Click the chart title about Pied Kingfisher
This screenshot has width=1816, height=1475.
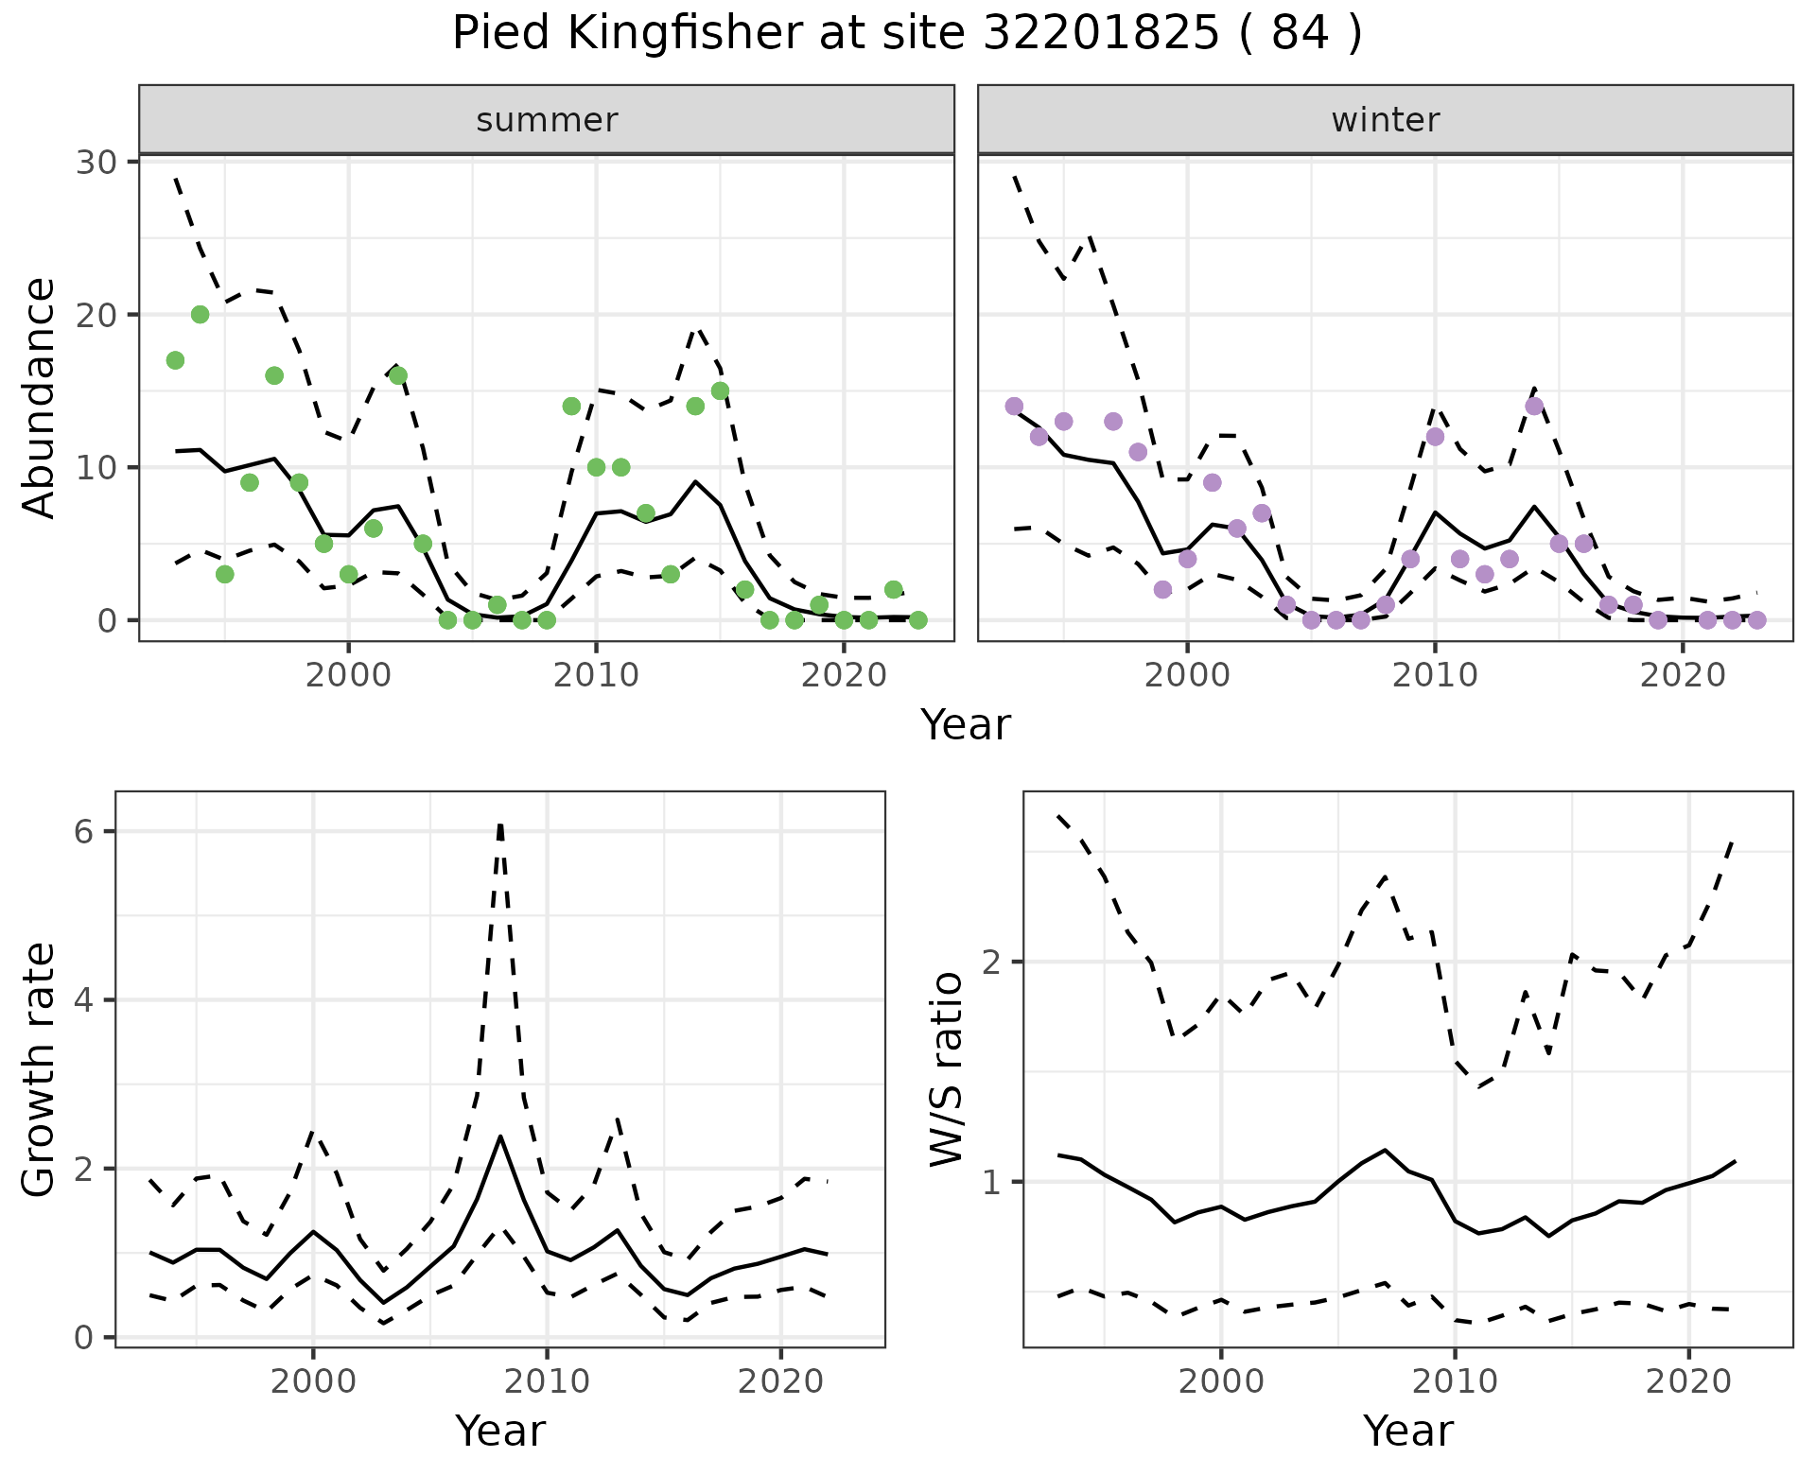(907, 34)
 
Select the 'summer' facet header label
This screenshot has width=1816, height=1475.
(547, 120)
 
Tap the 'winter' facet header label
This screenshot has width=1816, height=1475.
(1385, 120)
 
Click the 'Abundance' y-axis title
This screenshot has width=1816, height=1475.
(40, 397)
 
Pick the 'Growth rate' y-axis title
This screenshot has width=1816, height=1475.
(40, 1069)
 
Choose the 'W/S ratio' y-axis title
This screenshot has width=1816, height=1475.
(947, 1069)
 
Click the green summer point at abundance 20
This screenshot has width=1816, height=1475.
(200, 315)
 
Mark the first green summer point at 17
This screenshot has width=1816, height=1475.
(175, 360)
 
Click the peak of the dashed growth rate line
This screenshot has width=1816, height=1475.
(500, 824)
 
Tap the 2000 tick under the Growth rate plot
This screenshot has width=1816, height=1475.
(313, 1381)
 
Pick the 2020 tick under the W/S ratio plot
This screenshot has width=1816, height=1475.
(1688, 1381)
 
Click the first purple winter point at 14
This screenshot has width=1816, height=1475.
(1014, 407)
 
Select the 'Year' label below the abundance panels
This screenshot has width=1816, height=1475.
(966, 726)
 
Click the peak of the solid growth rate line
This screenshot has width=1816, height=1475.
(500, 1137)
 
